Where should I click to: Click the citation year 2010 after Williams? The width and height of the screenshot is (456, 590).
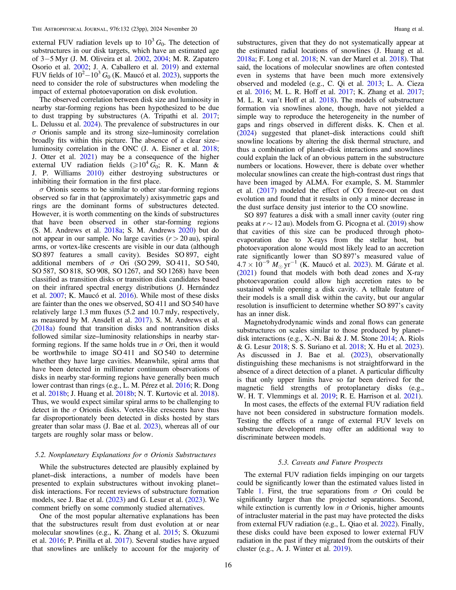(94, 173)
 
